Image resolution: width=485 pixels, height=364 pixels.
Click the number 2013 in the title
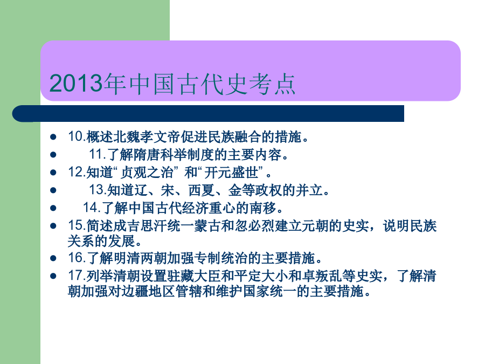[x=76, y=83]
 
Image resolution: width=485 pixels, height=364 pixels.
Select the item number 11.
[x=97, y=154]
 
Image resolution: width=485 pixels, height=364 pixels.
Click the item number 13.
[x=97, y=190]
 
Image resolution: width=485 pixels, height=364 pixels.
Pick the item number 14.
[x=91, y=208]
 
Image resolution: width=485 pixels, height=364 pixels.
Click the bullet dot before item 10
[x=53, y=137]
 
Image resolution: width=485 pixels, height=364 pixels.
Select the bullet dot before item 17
[x=53, y=276]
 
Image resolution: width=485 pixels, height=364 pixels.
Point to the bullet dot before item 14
[x=53, y=208]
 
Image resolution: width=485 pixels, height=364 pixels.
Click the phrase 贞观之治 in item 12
[x=147, y=173]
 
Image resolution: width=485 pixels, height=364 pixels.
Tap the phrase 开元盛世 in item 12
[x=231, y=173]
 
